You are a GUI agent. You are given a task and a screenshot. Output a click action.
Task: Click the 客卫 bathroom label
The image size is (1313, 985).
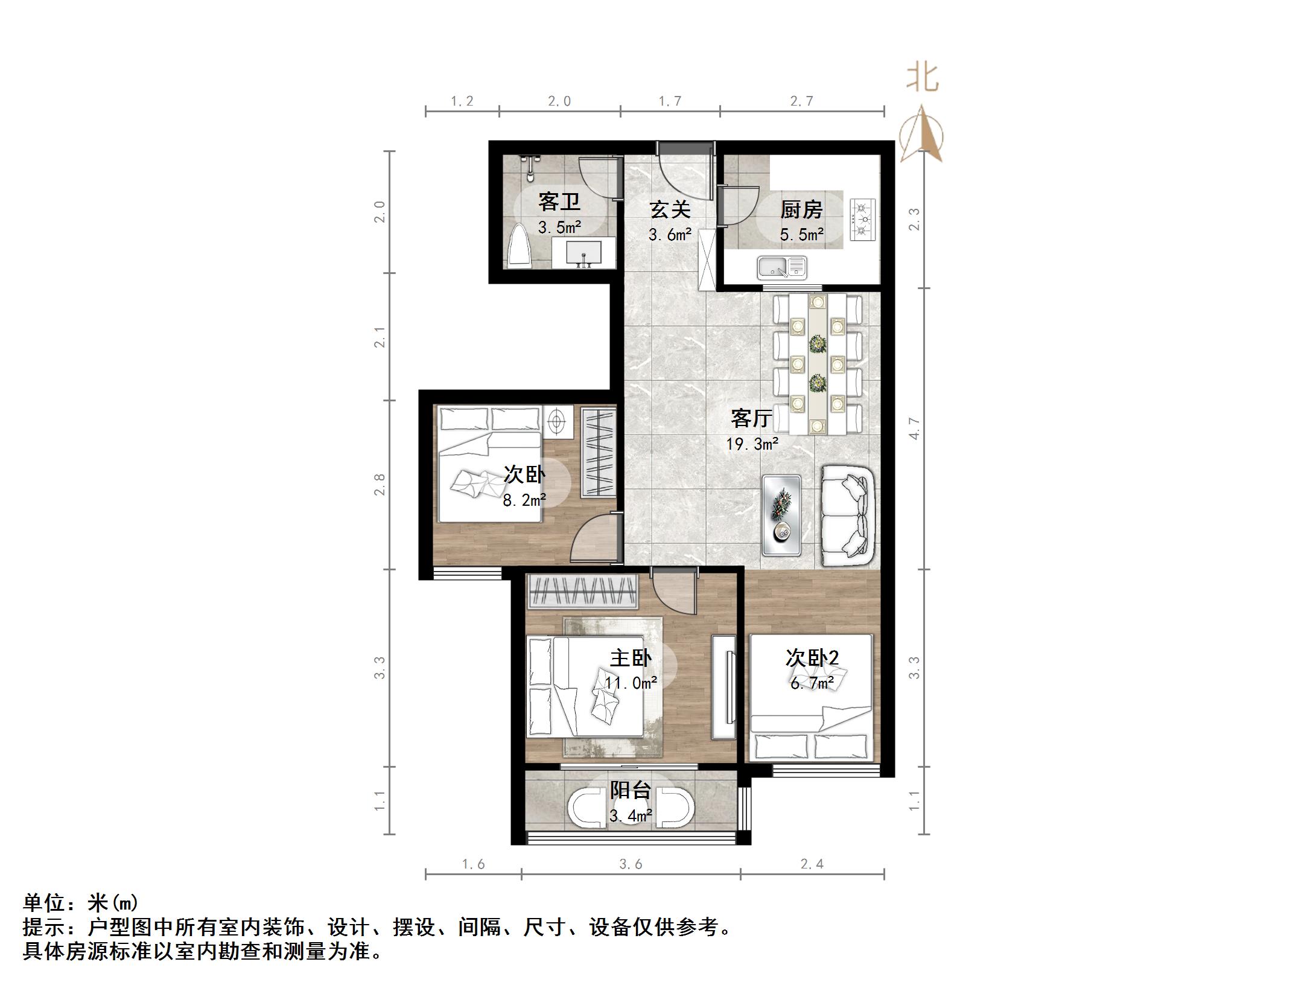click(559, 202)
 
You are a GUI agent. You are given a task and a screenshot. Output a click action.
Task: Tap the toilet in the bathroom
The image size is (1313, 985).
click(519, 246)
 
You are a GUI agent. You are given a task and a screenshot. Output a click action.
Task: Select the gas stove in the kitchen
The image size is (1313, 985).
click(863, 219)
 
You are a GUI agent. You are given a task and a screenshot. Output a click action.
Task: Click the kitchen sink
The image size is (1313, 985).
click(782, 267)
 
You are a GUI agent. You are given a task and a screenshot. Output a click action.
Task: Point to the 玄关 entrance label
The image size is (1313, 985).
click(670, 209)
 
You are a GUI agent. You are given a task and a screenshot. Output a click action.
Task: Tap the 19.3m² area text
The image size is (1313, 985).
click(752, 445)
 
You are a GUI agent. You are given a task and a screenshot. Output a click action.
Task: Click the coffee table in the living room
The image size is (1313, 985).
click(781, 515)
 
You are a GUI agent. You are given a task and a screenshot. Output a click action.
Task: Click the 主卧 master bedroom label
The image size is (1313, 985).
click(631, 657)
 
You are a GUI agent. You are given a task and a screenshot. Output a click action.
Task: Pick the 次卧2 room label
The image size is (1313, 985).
click(812, 657)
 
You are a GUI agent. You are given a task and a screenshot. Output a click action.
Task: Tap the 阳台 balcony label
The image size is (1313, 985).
click(631, 790)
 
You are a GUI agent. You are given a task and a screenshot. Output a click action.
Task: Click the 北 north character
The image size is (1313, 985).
click(922, 78)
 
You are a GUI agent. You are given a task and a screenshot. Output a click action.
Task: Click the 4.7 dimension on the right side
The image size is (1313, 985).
click(915, 429)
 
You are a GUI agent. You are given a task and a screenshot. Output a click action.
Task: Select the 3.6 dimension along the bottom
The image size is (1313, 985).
click(631, 865)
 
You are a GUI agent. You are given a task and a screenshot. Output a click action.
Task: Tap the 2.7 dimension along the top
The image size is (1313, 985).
click(802, 101)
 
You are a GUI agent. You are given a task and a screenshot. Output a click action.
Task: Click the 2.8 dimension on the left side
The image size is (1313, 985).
click(380, 485)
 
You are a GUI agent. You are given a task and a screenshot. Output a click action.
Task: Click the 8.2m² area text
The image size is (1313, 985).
click(524, 500)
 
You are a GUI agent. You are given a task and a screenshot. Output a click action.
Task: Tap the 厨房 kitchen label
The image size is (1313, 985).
click(801, 209)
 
